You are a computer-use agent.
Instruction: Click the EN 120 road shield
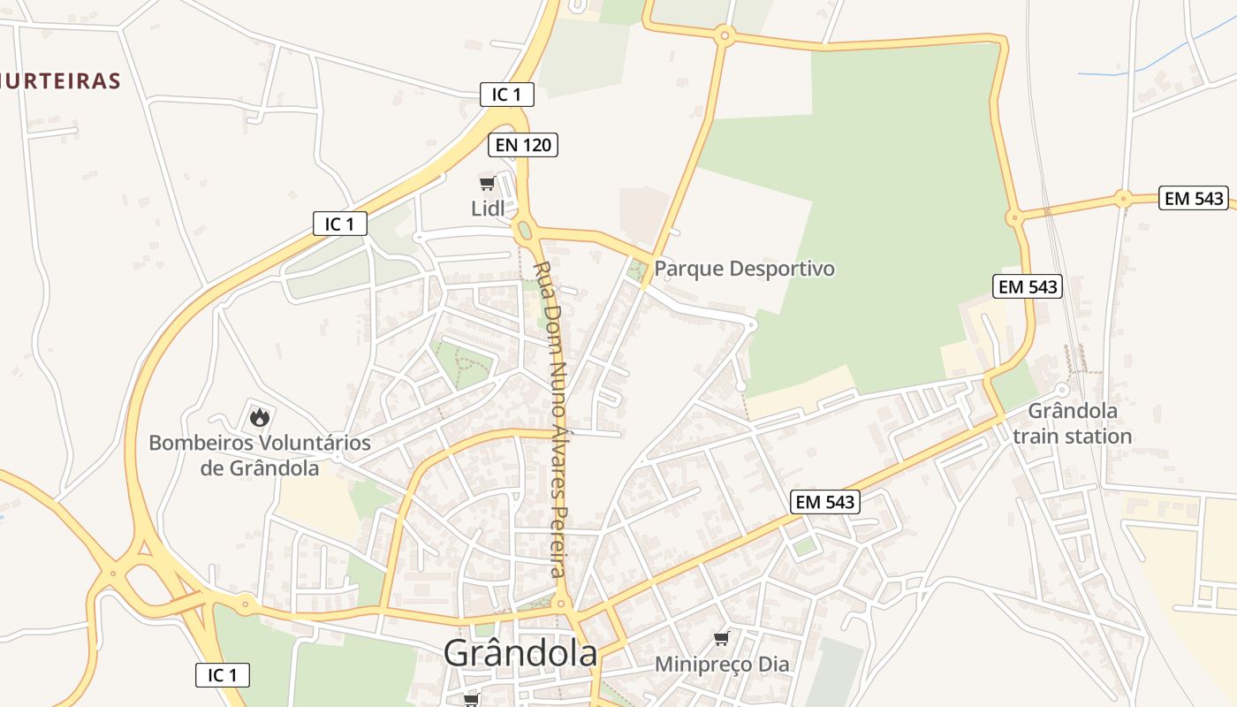(523, 145)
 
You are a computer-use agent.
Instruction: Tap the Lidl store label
(487, 209)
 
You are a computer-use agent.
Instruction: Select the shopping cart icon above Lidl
(487, 183)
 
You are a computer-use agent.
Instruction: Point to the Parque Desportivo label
(744, 269)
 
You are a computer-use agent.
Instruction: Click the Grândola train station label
(1072, 423)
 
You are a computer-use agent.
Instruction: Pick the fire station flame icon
(259, 415)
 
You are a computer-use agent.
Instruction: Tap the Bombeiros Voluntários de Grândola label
(260, 455)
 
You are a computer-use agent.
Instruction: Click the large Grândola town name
(520, 654)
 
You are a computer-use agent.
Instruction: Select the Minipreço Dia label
(722, 664)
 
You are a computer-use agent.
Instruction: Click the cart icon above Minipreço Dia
(722, 638)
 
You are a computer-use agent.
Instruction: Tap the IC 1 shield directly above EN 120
(506, 95)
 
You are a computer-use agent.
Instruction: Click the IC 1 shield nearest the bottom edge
(222, 675)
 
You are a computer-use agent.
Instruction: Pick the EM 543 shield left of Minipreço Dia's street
(825, 502)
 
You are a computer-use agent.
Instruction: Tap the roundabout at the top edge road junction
(725, 36)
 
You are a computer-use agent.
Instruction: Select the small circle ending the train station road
(1062, 390)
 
